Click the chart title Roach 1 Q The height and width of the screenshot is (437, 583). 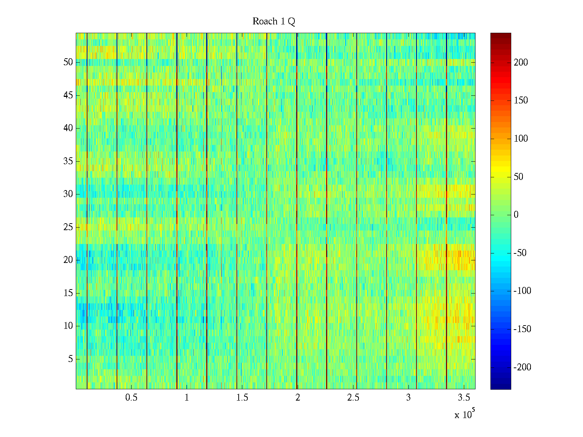pyautogui.click(x=274, y=21)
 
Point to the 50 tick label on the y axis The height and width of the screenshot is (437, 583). pyautogui.click(x=68, y=62)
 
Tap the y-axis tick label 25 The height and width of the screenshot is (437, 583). pyautogui.click(x=68, y=227)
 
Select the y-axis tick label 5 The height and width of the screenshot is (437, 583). pyautogui.click(x=70, y=359)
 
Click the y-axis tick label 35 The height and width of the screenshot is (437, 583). pyautogui.click(x=68, y=161)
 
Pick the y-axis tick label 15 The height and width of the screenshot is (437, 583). pyautogui.click(x=68, y=293)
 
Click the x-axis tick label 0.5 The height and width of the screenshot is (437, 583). pyautogui.click(x=131, y=398)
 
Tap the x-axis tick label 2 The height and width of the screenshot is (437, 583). pyautogui.click(x=298, y=398)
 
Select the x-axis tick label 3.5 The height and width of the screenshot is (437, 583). pyautogui.click(x=464, y=398)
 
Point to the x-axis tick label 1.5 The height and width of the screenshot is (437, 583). pyautogui.click(x=242, y=398)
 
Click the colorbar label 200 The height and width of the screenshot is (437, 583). pyautogui.click(x=521, y=63)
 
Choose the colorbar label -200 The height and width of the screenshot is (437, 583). pyautogui.click(x=522, y=367)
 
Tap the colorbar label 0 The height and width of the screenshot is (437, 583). pyautogui.click(x=516, y=215)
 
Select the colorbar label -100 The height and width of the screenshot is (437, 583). pyautogui.click(x=522, y=291)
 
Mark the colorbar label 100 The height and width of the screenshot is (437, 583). pyautogui.click(x=521, y=139)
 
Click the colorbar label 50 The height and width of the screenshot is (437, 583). pyautogui.click(x=519, y=177)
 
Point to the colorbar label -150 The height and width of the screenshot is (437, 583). pyautogui.click(x=522, y=329)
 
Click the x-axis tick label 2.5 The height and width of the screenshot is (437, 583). pyautogui.click(x=353, y=398)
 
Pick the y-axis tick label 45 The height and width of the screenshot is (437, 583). pyautogui.click(x=68, y=95)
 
